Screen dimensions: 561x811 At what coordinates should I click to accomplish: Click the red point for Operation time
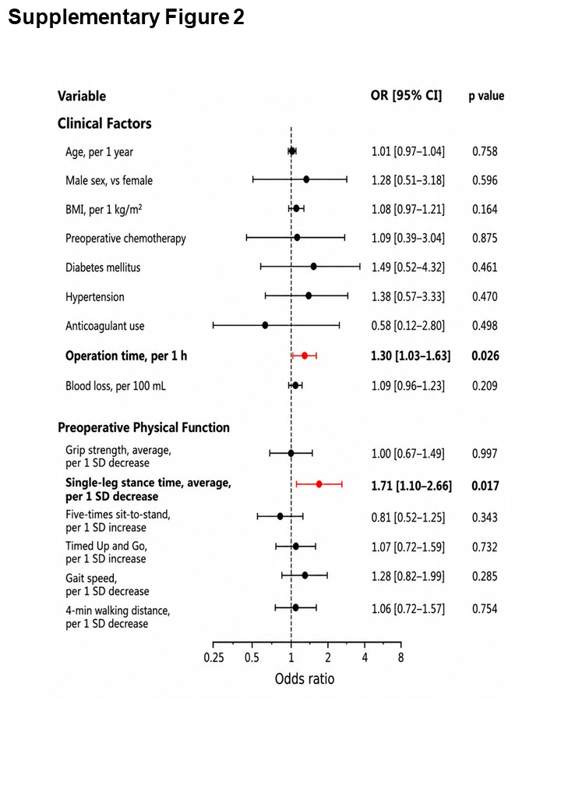pos(305,356)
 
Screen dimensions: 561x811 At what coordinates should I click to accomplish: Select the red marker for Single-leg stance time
pos(319,484)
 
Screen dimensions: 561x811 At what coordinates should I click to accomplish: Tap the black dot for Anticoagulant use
pos(265,325)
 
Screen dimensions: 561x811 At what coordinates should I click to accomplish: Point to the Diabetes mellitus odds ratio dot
pos(313,267)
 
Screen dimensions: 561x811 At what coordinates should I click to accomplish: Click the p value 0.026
pos(485,356)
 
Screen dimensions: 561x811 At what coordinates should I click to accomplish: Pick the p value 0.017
pos(485,486)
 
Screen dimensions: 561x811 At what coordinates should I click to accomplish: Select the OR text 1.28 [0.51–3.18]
pos(408,180)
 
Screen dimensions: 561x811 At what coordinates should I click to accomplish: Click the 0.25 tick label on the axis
pos(213,658)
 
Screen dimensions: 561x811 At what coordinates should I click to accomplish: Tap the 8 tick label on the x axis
pos(400,658)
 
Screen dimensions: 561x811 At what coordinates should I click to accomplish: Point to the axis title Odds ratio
pos(304,678)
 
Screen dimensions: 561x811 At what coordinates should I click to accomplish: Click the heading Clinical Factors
pos(104,124)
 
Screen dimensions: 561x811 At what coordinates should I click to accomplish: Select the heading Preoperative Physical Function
pos(143,428)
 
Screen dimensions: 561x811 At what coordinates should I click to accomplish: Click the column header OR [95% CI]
pos(406,96)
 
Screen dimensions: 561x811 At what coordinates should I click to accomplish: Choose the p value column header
pos(486,96)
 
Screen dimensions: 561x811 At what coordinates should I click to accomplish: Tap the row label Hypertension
pos(95,297)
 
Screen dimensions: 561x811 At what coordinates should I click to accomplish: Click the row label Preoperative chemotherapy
pos(125,239)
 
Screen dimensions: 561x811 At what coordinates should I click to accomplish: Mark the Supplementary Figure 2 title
pos(126,16)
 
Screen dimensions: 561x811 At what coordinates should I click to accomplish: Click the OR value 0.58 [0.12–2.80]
pos(408,326)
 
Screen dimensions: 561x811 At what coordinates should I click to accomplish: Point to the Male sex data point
pos(306,179)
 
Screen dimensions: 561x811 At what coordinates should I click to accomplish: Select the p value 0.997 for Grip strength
pos(485,454)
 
